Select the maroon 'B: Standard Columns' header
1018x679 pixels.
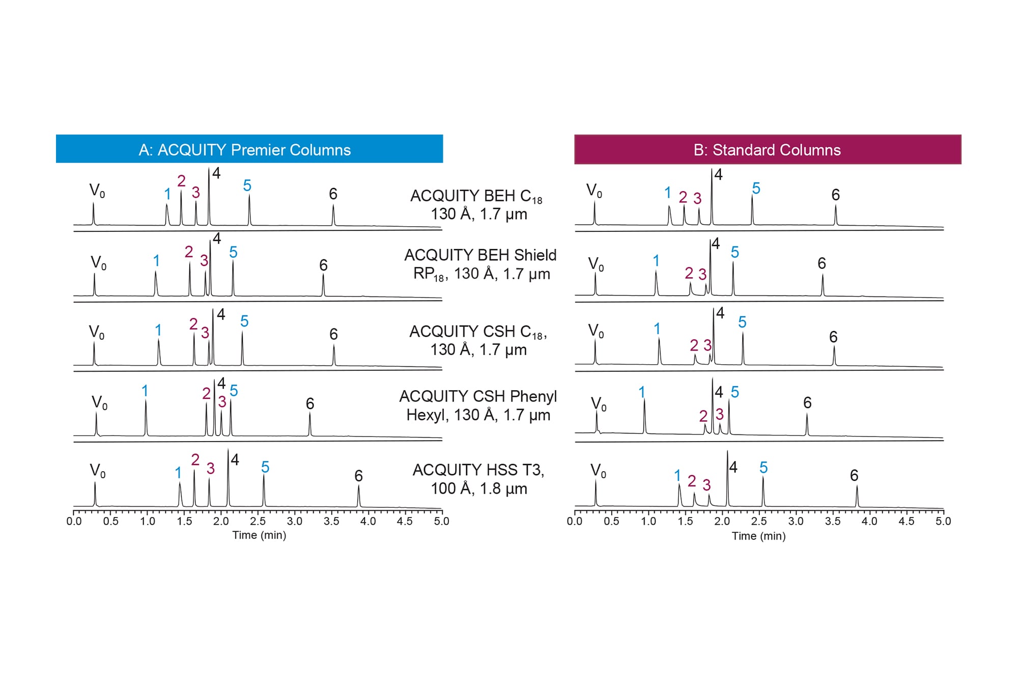(767, 150)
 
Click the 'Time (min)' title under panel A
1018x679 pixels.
(259, 535)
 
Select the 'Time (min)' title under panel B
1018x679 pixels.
(758, 536)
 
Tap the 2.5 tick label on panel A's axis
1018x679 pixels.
(258, 521)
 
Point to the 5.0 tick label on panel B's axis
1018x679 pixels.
(943, 521)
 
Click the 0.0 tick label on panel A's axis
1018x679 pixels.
(74, 521)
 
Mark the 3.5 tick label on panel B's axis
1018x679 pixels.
(833, 521)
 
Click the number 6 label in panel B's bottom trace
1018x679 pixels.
(854, 475)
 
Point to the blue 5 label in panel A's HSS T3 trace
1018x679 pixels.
(265, 467)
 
